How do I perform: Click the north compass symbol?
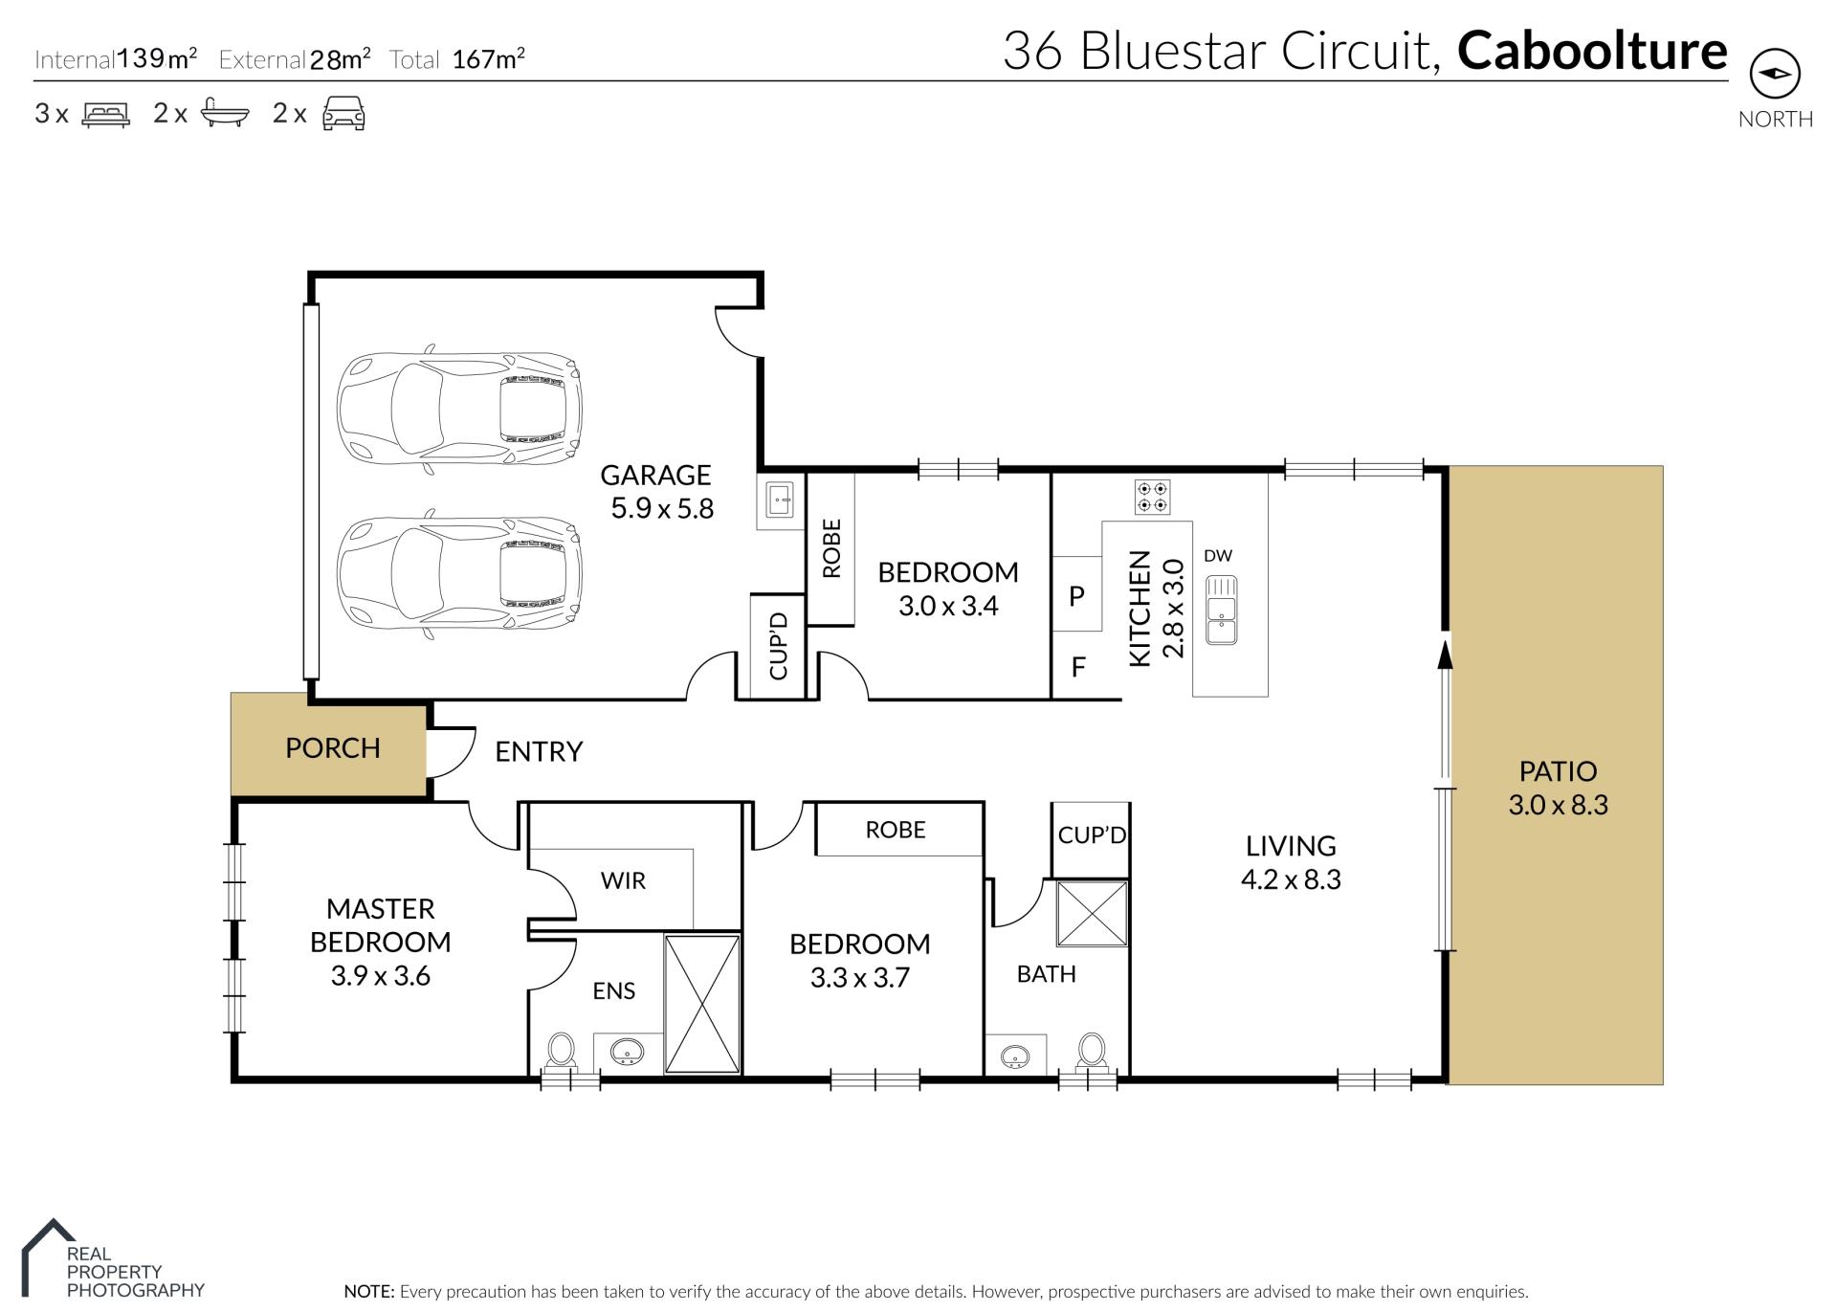point(1775,74)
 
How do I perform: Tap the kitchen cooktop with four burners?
point(1152,497)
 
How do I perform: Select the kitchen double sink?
point(1222,610)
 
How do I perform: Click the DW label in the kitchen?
point(1218,556)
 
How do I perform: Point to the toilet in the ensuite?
point(561,1052)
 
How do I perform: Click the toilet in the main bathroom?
point(1092,1052)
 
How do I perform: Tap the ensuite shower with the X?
point(702,1004)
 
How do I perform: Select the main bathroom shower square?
point(1092,914)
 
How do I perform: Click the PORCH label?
point(333,747)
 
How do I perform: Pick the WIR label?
point(623,880)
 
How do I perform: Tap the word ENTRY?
point(539,752)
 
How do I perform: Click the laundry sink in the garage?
point(781,500)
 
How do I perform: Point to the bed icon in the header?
point(106,115)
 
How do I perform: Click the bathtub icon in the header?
point(225,114)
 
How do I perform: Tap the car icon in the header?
point(343,113)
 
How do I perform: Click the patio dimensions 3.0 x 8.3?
point(1558,805)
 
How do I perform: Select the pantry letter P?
point(1076,596)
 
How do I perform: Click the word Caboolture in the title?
point(1592,51)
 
